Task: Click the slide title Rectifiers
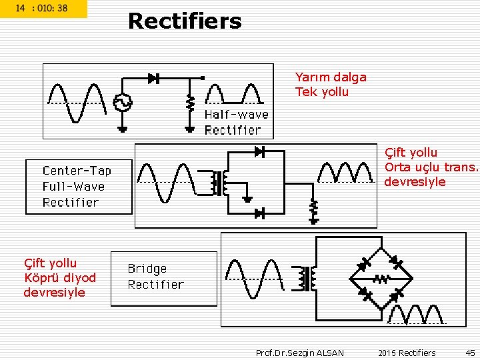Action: [x=185, y=21]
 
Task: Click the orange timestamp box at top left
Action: [x=43, y=9]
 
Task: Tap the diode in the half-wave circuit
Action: [x=153, y=79]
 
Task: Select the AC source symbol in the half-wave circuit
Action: [x=123, y=103]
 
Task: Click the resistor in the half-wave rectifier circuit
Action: [x=190, y=103]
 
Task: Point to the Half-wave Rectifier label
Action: [x=236, y=122]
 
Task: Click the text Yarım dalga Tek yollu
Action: [x=331, y=85]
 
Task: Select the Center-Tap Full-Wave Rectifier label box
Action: [x=79, y=187]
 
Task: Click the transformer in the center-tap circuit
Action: [x=219, y=183]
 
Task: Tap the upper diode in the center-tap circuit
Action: [x=259, y=152]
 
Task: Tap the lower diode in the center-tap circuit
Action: [x=259, y=213]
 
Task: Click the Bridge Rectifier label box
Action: [x=163, y=277]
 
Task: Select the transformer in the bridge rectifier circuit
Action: [x=307, y=279]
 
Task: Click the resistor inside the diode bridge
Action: [x=381, y=279]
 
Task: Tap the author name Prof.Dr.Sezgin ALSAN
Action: [x=300, y=353]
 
